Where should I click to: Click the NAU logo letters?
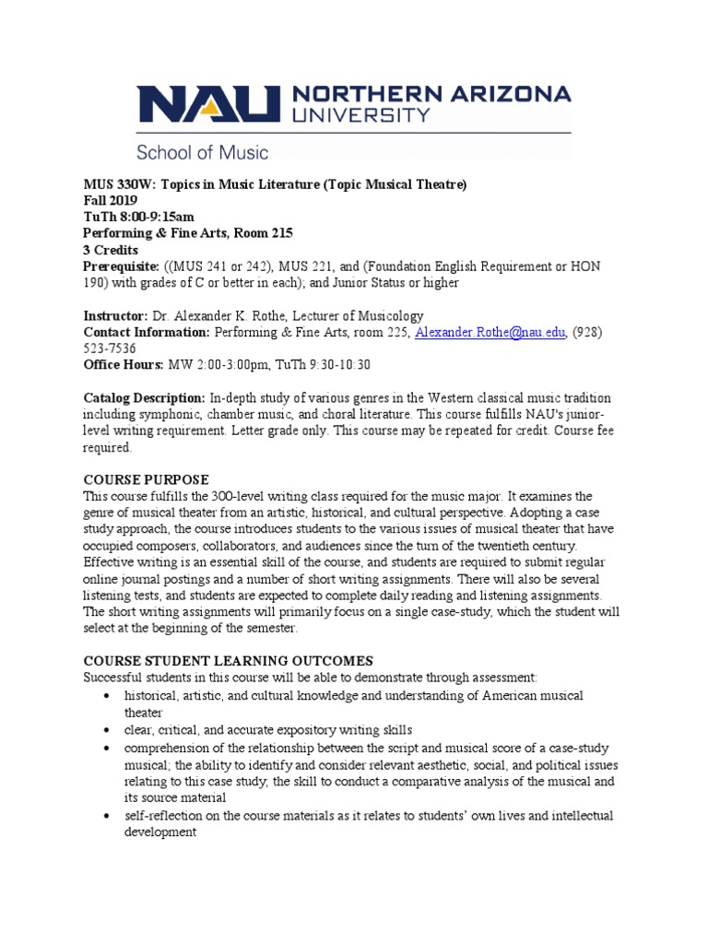click(207, 104)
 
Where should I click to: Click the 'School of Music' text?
click(203, 150)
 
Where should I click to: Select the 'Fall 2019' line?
click(111, 200)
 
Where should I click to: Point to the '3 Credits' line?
click(111, 250)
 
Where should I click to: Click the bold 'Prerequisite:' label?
click(123, 266)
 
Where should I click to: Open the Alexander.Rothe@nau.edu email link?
click(490, 333)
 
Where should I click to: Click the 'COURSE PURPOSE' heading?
click(147, 479)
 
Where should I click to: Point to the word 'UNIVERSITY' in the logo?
click(360, 115)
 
